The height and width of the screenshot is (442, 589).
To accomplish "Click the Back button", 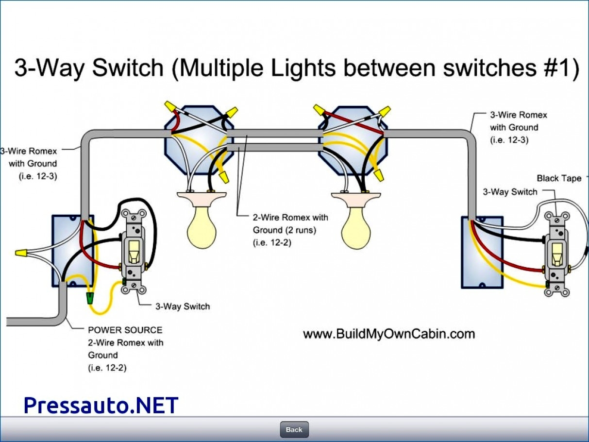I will click(294, 429).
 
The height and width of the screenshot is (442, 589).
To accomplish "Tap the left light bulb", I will click(202, 228).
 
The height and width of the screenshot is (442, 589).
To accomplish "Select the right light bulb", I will click(355, 228).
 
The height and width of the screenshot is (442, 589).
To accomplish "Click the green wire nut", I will click(90, 298).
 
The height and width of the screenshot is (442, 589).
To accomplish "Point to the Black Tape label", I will click(558, 178).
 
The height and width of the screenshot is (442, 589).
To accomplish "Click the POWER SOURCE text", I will click(125, 330).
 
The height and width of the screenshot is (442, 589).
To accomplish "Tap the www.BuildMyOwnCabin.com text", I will click(388, 334).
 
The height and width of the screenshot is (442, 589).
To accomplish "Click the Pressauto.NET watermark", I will click(101, 405).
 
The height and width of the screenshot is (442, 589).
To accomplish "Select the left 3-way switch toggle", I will click(133, 251).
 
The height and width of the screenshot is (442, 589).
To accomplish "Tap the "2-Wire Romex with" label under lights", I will click(290, 217).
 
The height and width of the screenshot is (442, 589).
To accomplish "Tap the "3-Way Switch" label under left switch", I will click(183, 306).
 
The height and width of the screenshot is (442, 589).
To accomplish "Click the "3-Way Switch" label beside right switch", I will click(510, 192).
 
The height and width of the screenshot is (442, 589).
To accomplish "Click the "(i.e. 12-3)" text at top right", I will click(509, 140).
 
